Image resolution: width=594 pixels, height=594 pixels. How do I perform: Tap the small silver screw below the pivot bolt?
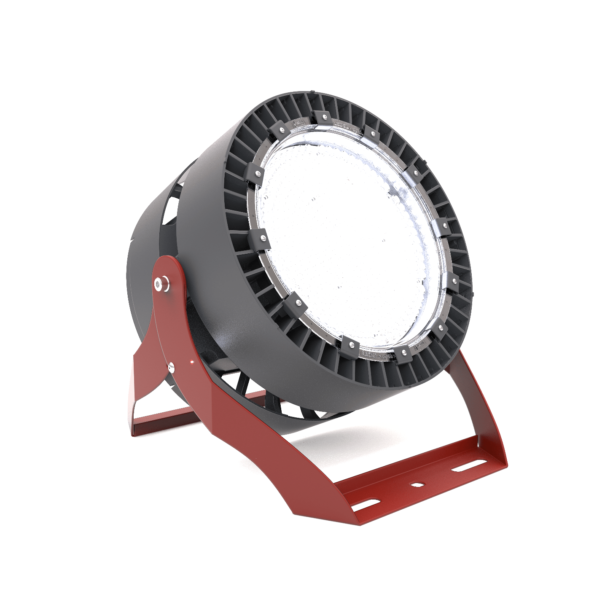pyautogui.click(x=171, y=367)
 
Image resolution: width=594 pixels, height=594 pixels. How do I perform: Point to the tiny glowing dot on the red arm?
pyautogui.click(x=191, y=361)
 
